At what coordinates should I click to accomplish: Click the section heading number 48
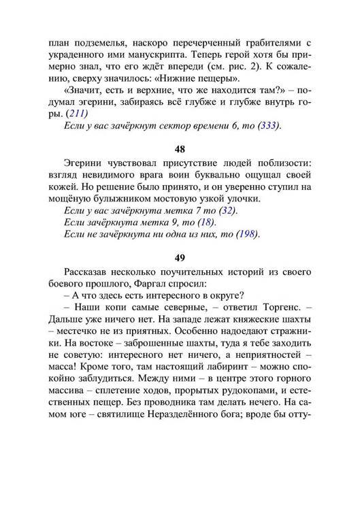180,148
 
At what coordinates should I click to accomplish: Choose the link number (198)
248,234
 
